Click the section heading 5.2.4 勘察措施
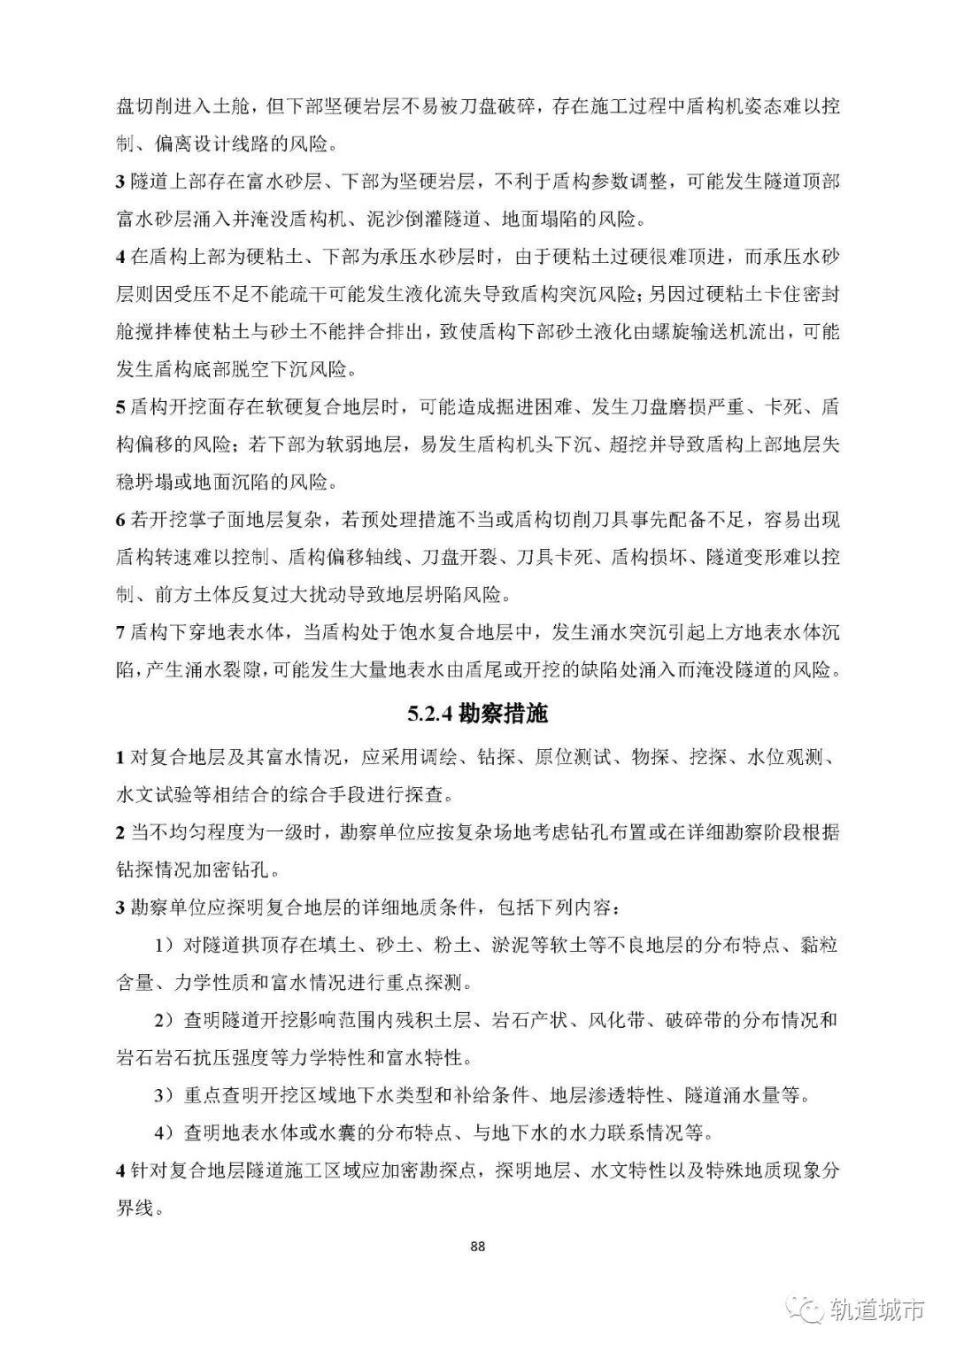(477, 713)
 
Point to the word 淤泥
(512, 945)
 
